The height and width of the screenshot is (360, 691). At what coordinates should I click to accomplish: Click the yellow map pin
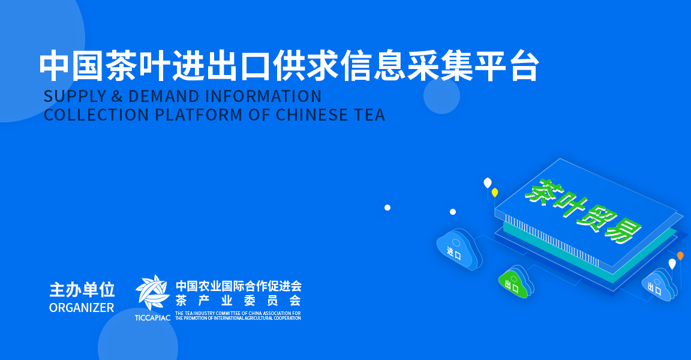tap(495, 193)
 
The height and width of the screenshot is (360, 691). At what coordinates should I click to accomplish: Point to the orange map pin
tap(680, 256)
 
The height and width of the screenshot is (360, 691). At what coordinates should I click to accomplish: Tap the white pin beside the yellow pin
tap(487, 182)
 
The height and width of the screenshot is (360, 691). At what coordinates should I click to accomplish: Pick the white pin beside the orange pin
tap(672, 263)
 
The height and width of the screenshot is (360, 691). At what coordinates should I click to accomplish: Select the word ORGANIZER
tap(82, 308)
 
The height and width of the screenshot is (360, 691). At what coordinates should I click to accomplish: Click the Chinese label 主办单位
tap(82, 290)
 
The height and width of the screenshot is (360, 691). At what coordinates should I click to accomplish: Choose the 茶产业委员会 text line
tap(238, 301)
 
